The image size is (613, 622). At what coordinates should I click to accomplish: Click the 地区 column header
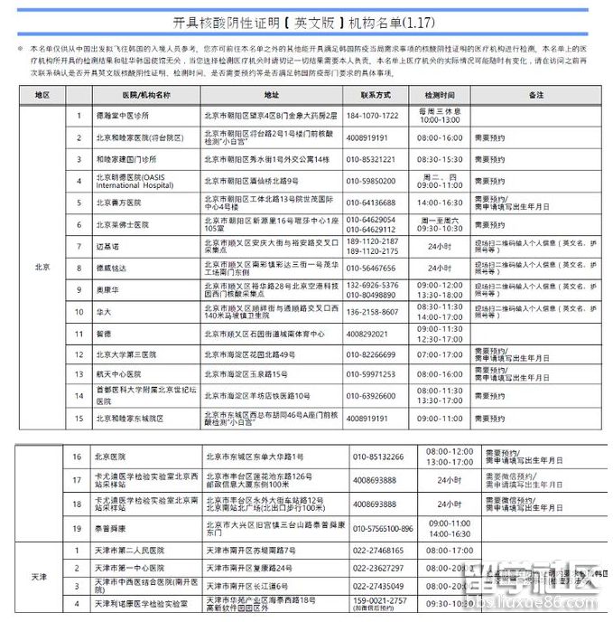point(42,94)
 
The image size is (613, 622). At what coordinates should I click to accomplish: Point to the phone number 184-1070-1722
point(373,116)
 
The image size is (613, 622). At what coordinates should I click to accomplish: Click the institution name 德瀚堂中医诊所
point(123,116)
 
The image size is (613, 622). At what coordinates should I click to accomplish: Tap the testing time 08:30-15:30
point(440,159)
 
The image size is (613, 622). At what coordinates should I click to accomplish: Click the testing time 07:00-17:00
point(440,355)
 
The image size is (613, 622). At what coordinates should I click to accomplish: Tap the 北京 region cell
point(42,267)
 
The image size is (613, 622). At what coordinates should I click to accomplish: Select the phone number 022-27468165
point(378,551)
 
